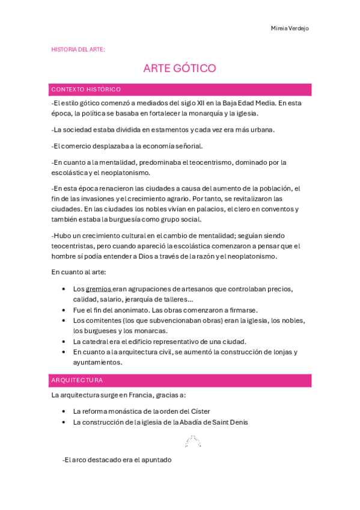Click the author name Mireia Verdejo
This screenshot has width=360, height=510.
290,28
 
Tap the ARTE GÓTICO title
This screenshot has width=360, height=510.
180,68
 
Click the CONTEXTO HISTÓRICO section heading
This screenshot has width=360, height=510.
86,90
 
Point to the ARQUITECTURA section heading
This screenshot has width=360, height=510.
77,380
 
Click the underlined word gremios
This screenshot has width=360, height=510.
98,289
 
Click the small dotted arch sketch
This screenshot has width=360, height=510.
192,441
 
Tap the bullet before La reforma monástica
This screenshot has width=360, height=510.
64,411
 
